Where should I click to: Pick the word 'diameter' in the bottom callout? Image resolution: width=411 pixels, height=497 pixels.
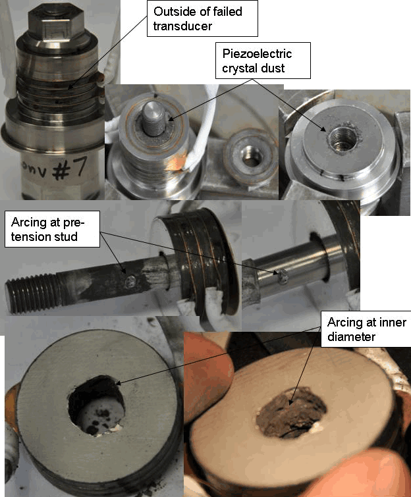coord(350,337)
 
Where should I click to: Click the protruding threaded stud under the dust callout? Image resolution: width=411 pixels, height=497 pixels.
coord(152,117)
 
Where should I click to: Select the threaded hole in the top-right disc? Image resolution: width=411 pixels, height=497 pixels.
coord(342,138)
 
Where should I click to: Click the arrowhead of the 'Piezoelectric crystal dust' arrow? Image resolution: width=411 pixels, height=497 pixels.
coord(167,120)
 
